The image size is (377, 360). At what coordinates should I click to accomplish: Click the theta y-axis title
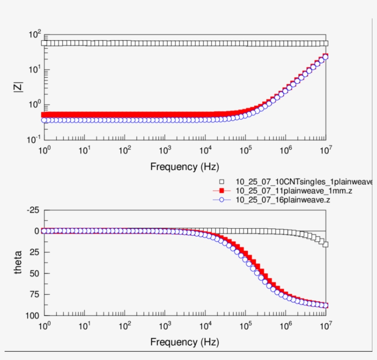(x=18, y=262)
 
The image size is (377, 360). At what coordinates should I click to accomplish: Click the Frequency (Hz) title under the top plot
(x=185, y=167)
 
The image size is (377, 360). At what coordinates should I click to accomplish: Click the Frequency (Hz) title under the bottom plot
(x=185, y=343)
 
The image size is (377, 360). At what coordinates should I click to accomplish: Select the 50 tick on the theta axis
(x=34, y=273)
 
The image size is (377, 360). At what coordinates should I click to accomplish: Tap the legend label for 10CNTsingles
(x=303, y=181)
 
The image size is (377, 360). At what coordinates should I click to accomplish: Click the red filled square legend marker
(x=221, y=191)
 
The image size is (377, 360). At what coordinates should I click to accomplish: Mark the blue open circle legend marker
(x=221, y=200)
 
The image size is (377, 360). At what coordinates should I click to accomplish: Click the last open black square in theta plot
(x=326, y=244)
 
